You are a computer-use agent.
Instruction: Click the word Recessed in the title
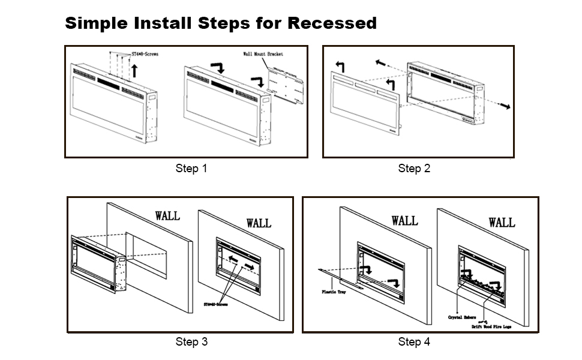332,23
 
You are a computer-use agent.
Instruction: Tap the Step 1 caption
191,169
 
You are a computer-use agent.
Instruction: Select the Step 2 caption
414,169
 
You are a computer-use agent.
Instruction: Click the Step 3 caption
191,342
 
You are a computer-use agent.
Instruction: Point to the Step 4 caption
414,342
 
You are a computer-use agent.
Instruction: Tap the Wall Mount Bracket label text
263,54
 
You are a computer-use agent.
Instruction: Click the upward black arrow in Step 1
134,71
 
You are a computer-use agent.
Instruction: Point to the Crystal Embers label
462,317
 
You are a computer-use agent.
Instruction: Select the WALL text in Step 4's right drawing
501,223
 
